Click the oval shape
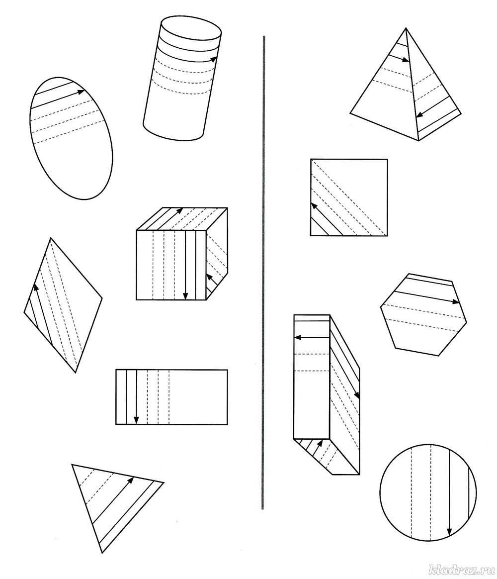(x=71, y=138)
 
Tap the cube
(x=181, y=254)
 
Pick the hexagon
(x=423, y=314)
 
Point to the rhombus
(x=63, y=305)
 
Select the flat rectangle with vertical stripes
(x=171, y=397)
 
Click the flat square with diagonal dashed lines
(x=349, y=197)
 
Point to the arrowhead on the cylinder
(x=213, y=58)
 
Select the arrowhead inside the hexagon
(x=456, y=301)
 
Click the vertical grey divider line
(x=263, y=273)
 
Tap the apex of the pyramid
(x=406, y=28)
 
